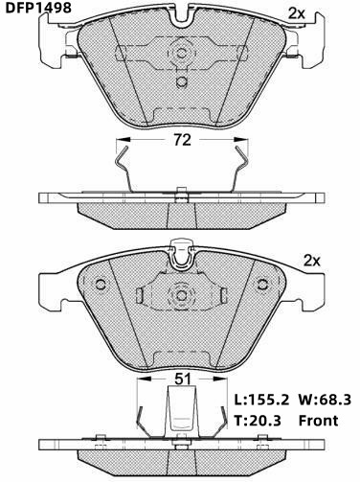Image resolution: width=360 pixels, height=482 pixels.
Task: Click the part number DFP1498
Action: (x=38, y=8)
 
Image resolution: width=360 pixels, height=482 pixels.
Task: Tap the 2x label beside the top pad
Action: (x=297, y=13)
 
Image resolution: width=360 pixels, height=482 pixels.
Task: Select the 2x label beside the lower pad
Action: (x=311, y=261)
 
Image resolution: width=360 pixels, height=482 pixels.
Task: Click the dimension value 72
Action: (x=182, y=140)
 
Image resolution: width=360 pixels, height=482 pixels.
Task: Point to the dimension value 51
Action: (x=183, y=379)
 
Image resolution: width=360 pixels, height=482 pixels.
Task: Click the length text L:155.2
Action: (x=261, y=400)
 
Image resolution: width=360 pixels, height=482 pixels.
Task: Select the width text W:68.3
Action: (x=325, y=400)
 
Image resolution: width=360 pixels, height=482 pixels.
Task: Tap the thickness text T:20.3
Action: (x=258, y=421)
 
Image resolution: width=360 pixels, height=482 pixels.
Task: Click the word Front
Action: (x=318, y=421)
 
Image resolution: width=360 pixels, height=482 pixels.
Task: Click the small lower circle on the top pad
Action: (x=182, y=81)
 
